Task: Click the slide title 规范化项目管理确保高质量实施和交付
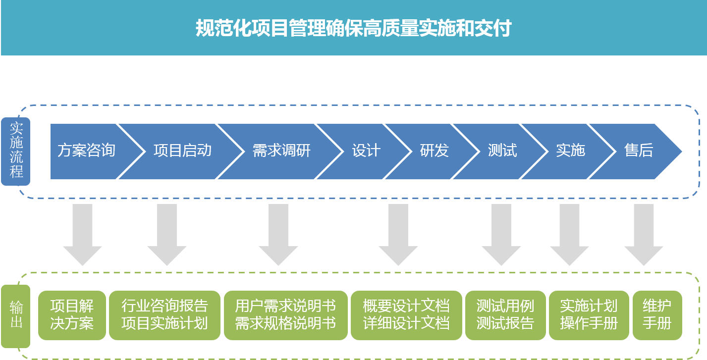point(353,28)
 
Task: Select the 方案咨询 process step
point(86,151)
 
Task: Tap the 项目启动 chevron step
point(182,151)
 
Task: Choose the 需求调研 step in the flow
point(281,151)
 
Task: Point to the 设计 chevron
point(366,151)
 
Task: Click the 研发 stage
point(434,151)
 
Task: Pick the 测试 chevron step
point(502,151)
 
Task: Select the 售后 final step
point(639,151)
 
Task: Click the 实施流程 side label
point(16,151)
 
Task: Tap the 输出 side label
point(16,315)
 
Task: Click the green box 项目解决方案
point(72,315)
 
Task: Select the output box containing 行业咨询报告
point(164,315)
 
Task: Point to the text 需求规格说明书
point(285,324)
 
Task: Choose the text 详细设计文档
point(406,324)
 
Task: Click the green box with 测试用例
point(505,315)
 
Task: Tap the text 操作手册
point(589,324)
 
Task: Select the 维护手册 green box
point(657,315)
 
